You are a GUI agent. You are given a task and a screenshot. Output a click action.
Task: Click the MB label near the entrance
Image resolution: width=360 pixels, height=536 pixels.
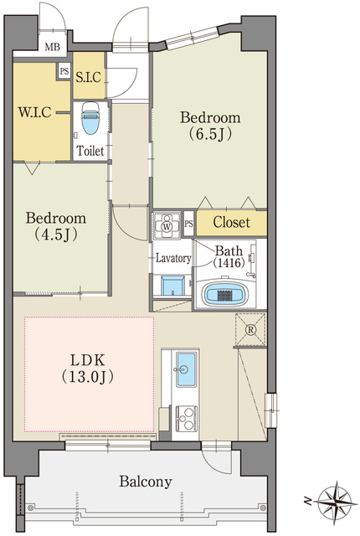[52, 47]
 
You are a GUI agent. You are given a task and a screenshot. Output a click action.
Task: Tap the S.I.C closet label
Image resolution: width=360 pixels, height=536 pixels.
[89, 77]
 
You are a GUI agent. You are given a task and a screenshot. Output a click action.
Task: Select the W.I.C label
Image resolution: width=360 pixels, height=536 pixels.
[34, 111]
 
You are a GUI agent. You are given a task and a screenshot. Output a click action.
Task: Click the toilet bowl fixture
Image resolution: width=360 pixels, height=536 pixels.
[90, 118]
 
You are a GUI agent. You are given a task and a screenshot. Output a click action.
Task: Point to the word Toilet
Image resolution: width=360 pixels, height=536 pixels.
[90, 151]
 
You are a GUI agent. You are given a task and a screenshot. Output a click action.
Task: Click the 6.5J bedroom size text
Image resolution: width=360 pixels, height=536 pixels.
[210, 134]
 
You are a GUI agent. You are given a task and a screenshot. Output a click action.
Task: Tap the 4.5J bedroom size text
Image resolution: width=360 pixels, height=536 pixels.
[55, 234]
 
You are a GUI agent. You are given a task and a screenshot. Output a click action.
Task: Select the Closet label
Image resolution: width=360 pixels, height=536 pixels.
[232, 223]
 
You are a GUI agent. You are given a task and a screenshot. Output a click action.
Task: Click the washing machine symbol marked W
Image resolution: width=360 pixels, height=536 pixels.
[167, 226]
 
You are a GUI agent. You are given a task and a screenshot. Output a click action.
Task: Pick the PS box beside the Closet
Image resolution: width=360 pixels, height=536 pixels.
[188, 224]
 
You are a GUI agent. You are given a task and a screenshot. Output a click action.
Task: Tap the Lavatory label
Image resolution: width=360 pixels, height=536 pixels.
[173, 258]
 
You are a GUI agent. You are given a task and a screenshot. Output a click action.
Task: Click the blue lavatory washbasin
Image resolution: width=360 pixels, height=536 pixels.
[172, 286]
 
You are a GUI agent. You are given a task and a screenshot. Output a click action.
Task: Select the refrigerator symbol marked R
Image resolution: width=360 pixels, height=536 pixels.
[251, 329]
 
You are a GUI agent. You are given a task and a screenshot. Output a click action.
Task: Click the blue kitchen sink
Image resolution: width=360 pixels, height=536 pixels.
[187, 369]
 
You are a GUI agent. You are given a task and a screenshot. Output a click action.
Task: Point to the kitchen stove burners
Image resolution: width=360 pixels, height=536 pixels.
[186, 418]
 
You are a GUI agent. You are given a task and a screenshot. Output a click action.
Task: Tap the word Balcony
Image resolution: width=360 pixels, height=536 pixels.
[146, 482]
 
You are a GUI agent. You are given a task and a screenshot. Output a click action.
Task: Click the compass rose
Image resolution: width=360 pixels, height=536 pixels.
[337, 501]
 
